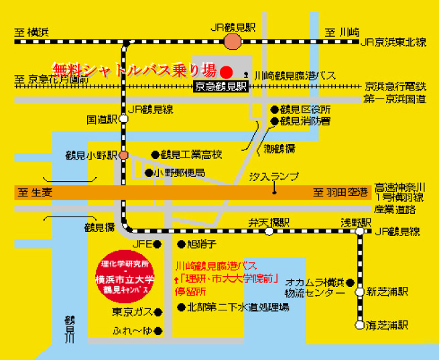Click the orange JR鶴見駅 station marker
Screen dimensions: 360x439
click(x=233, y=42)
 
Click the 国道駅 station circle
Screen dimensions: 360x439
click(x=123, y=120)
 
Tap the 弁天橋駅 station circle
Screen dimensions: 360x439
click(x=268, y=232)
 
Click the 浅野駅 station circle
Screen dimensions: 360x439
click(x=359, y=232)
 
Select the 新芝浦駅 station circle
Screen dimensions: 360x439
click(x=359, y=292)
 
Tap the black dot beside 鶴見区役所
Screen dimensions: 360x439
click(x=274, y=109)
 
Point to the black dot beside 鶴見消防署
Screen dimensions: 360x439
click(x=274, y=121)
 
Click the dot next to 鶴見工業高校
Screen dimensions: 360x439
click(x=155, y=154)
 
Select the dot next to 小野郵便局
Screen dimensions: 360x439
click(x=148, y=172)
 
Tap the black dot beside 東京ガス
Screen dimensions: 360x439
click(x=158, y=312)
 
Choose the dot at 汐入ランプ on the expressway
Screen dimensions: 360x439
click(x=273, y=192)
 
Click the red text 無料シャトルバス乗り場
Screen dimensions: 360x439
click(x=134, y=70)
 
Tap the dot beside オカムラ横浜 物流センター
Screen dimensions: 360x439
click(x=351, y=283)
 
